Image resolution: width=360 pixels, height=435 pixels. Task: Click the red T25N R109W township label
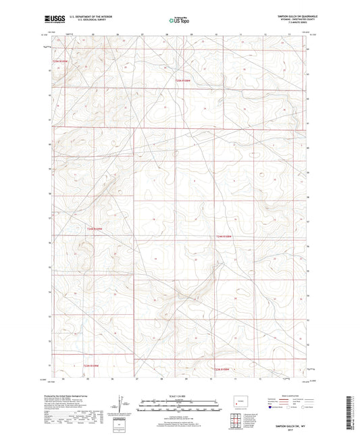click(61, 61)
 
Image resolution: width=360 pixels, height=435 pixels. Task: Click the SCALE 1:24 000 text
click(180, 394)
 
